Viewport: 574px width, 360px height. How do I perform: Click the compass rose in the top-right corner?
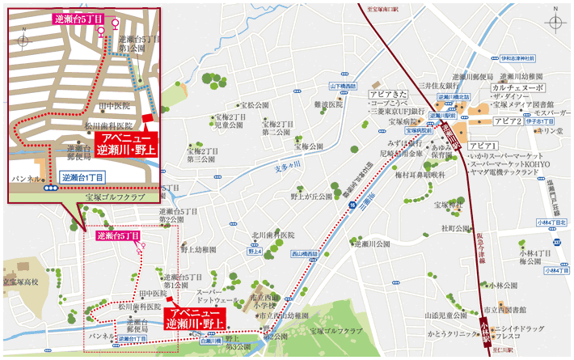coord(555,23)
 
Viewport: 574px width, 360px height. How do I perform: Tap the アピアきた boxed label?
coord(386,95)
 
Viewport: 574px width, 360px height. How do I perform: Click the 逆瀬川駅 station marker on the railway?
coord(450,131)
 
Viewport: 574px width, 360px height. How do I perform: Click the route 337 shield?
coord(555,241)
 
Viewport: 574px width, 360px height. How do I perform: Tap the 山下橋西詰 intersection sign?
coord(343,85)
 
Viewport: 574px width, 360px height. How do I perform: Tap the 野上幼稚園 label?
coord(198,250)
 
